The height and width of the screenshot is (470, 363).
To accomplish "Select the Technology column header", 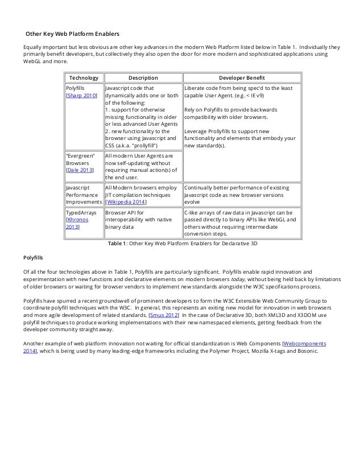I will coord(84,77).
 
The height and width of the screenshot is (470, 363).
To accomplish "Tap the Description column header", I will coord(143,77).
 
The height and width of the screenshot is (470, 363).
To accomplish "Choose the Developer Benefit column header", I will coord(242,77).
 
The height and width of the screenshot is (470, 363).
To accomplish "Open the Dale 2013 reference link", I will coord(80,169).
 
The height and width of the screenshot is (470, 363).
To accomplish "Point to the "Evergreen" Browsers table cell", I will coord(81,162).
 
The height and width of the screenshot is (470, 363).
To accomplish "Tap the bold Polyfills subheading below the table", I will coord(33,258).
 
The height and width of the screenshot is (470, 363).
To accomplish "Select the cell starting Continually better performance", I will coord(241,194).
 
